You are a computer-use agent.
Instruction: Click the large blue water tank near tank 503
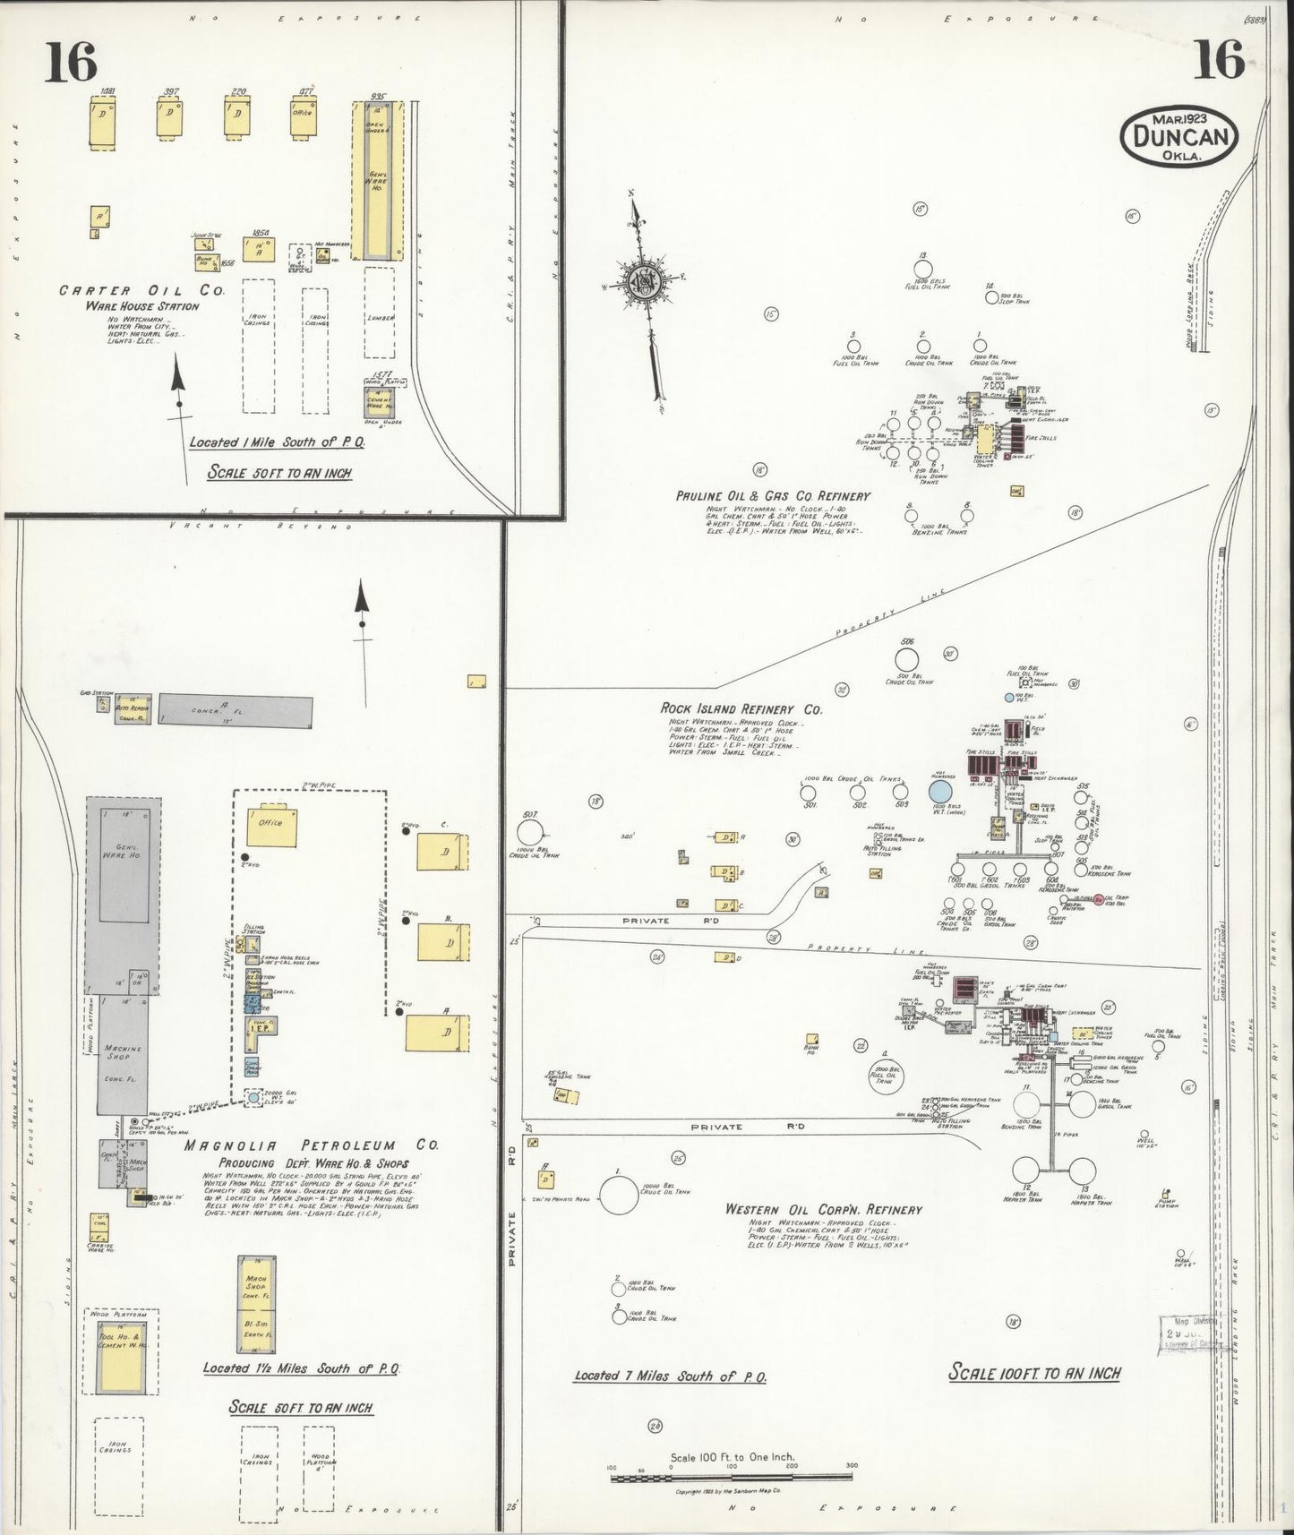click(939, 792)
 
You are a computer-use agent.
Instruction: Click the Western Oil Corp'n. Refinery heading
click(823, 1209)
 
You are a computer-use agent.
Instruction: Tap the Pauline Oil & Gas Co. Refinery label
click(773, 495)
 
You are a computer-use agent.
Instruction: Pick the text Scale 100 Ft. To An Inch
click(1034, 1373)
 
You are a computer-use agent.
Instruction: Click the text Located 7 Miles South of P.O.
click(669, 1376)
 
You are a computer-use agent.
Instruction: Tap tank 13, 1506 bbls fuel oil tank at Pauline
click(921, 268)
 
